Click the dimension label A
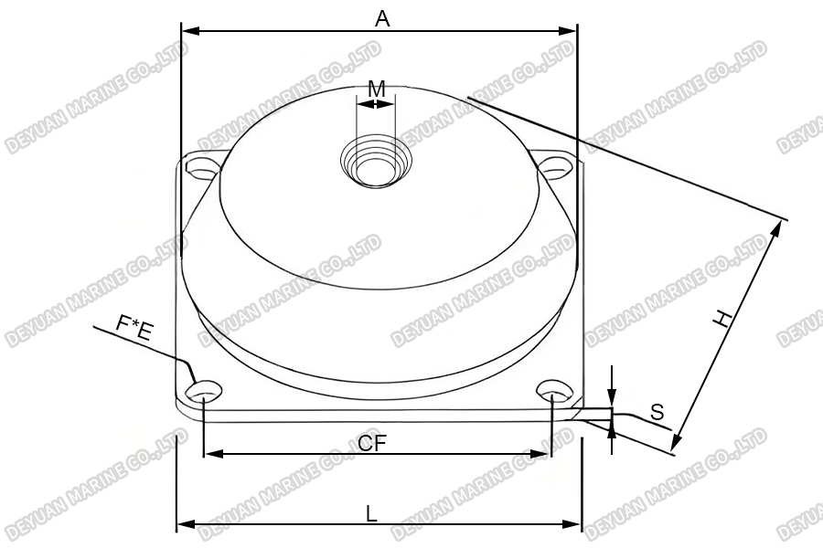tap(382, 17)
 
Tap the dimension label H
tap(723, 319)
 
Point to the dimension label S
tap(657, 412)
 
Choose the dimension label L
tap(371, 513)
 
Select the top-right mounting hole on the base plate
tap(552, 166)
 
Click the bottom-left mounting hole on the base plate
tap(206, 391)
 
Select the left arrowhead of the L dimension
tap(182, 524)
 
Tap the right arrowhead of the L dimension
tap(575, 524)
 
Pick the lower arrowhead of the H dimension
tap(675, 447)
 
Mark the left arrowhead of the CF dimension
tap(208, 453)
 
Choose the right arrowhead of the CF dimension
tap(545, 453)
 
